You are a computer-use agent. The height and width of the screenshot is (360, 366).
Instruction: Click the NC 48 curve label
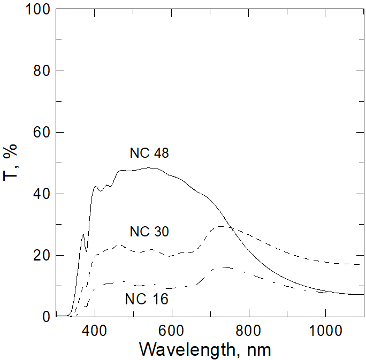pos(149,154)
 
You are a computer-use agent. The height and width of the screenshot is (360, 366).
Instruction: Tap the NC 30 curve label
pos(149,232)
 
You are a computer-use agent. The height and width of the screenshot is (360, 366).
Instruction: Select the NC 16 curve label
pos(147,299)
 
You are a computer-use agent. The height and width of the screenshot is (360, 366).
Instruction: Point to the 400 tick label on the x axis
pos(95,330)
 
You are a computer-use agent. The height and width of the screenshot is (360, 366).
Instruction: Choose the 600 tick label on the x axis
pos(172,330)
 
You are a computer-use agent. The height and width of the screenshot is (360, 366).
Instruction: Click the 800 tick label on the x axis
pos(248,330)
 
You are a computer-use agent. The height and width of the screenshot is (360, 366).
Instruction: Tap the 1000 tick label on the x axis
pos(325,330)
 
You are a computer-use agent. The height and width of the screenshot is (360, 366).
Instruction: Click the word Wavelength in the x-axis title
pos(185,349)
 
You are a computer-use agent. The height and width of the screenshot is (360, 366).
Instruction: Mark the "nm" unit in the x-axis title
pos(259,350)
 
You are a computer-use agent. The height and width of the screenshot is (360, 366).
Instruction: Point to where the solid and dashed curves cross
pos(229,227)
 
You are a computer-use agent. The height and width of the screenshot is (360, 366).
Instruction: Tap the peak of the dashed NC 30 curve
pos(220,227)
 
